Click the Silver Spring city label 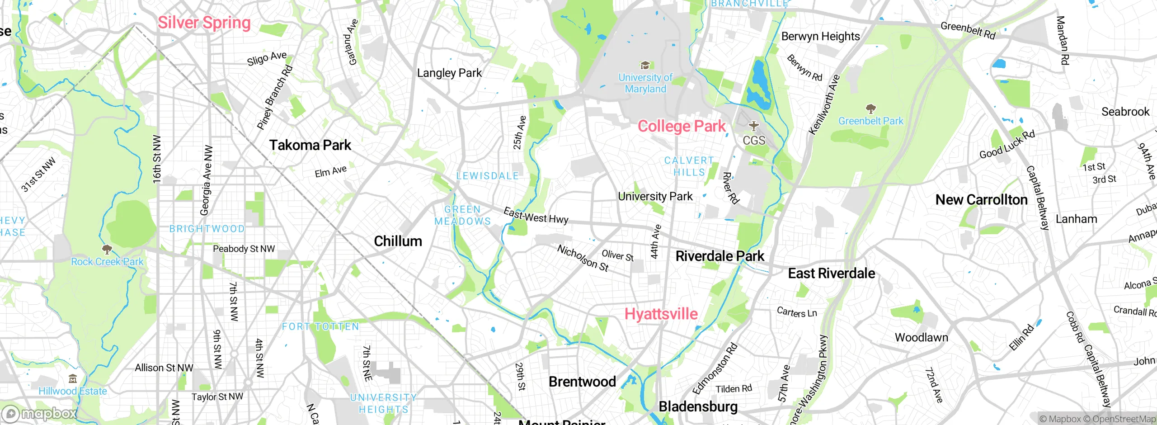(x=204, y=23)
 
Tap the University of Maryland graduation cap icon (x=645, y=66)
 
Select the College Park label (x=681, y=126)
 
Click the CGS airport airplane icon (x=753, y=125)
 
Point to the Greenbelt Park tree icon (x=870, y=109)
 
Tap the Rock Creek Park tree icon (x=107, y=249)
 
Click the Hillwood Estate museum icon (x=73, y=378)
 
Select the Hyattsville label (x=661, y=314)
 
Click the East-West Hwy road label (x=536, y=216)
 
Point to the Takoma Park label (x=310, y=145)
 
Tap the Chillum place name (x=398, y=241)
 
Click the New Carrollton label (x=981, y=199)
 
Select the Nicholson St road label (x=583, y=258)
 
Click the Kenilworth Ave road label (x=824, y=105)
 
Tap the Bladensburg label (x=698, y=406)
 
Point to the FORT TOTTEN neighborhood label (x=320, y=326)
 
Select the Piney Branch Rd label (x=275, y=98)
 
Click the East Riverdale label (x=831, y=273)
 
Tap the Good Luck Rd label (x=1007, y=145)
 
